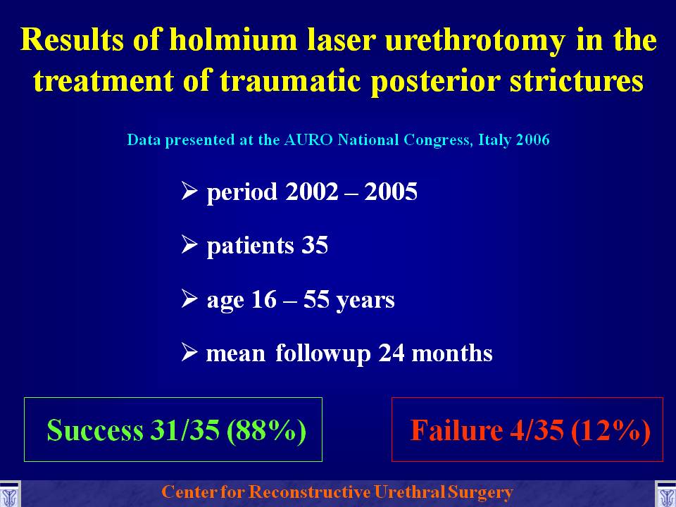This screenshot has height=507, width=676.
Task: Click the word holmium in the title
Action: click(x=233, y=39)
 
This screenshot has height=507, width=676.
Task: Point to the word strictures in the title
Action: click(x=577, y=80)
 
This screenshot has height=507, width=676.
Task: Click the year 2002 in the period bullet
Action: click(x=312, y=191)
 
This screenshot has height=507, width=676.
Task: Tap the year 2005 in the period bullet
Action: click(x=391, y=191)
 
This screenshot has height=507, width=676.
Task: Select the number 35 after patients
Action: click(x=315, y=245)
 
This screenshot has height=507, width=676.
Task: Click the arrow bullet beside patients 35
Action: click(x=189, y=244)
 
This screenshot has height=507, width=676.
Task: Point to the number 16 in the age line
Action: click(x=263, y=299)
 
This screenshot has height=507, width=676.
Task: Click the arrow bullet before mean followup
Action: click(x=189, y=352)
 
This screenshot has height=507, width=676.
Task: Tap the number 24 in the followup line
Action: click(x=392, y=353)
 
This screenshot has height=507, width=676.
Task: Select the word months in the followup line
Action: click(x=452, y=353)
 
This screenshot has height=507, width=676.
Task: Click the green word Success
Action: click(x=95, y=430)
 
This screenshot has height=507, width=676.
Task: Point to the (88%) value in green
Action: click(x=266, y=430)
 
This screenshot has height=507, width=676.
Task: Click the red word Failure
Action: click(x=456, y=430)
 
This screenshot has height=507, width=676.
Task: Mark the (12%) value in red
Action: click(x=611, y=430)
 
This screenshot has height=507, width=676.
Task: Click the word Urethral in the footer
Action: click(x=410, y=492)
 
